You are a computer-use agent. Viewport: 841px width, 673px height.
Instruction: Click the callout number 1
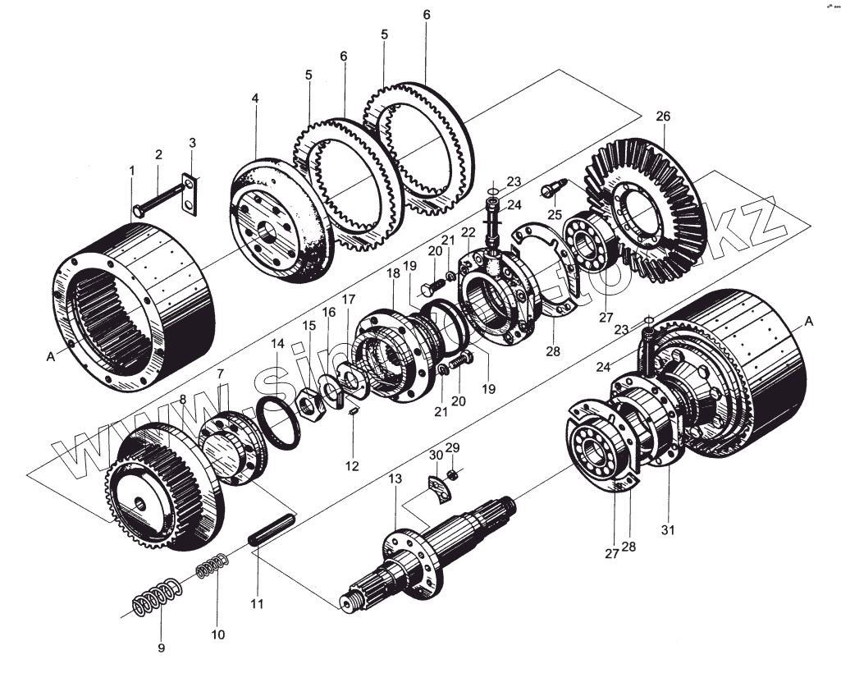pyautogui.click(x=131, y=170)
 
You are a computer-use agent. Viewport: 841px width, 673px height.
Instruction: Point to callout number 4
pyautogui.click(x=255, y=98)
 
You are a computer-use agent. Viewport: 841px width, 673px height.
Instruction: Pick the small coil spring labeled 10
pyautogui.click(x=212, y=566)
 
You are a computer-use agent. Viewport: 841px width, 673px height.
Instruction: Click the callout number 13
pyautogui.click(x=395, y=478)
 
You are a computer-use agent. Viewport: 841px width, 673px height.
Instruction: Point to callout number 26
pyautogui.click(x=663, y=117)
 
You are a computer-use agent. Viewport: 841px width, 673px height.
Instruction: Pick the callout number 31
pyautogui.click(x=669, y=529)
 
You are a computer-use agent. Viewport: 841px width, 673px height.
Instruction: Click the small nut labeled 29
pyautogui.click(x=451, y=475)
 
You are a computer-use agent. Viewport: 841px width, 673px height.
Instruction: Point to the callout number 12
pyautogui.click(x=352, y=465)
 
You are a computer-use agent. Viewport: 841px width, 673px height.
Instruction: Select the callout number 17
pyautogui.click(x=349, y=299)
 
